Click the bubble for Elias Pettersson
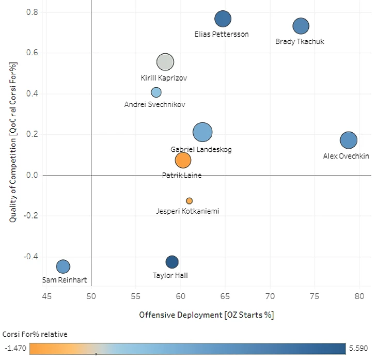coord(223,19)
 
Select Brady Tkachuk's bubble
coord(301,26)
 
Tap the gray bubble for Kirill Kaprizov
coord(165,62)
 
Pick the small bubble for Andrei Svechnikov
coord(156,92)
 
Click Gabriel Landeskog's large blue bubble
coord(202,132)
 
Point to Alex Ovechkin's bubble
coord(349,140)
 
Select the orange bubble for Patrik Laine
coord(183,160)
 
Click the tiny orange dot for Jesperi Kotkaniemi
coord(190,201)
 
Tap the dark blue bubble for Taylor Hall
coord(172,262)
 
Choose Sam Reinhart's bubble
coord(63,266)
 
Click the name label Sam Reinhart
coord(65,280)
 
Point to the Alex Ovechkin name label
coord(346,155)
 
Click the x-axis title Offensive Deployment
coord(206,315)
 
